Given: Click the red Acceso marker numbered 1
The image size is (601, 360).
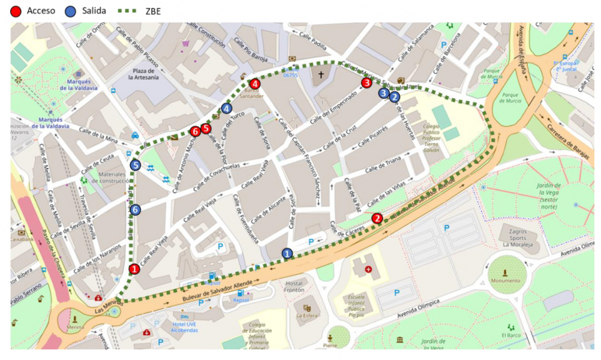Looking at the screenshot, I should coord(134,269).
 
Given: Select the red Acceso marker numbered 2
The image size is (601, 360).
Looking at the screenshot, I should coord(377,218).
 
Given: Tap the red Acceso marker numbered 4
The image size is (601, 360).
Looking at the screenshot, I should coord(255,84).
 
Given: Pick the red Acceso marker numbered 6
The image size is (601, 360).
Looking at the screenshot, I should coord(195,131).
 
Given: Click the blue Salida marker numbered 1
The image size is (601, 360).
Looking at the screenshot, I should coord(287,254).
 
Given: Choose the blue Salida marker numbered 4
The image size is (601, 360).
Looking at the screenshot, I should coord(226,109).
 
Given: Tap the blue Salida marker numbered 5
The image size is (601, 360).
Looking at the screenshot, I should coord(136,165).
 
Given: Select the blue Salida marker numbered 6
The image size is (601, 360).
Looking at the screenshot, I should coord(136,209).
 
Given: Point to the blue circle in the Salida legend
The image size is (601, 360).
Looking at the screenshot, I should coord(71,11).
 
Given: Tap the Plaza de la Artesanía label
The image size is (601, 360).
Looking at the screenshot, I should coord(145,73).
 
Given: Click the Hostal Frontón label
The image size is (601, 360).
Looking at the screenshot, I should coord(295,286).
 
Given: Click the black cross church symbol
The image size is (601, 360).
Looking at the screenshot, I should coord(321,75).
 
